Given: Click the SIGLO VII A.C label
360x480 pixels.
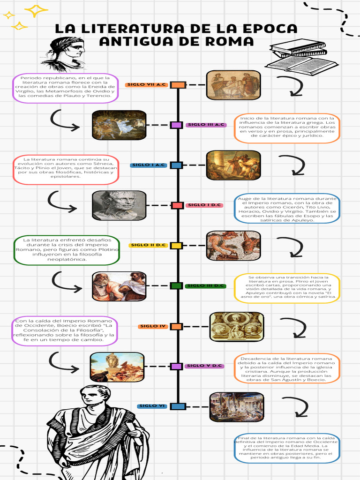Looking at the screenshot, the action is pos(147,85).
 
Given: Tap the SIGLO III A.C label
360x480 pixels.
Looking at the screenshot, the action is pos(206,125).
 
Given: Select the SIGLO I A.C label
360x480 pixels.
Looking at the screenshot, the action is pos(148,165).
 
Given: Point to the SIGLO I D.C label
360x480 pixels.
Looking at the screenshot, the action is pos(205,205).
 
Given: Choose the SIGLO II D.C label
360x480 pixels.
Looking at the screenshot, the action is pos(148,245).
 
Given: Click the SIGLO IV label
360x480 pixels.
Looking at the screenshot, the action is pos(153,326).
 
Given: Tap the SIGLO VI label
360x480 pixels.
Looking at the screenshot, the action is pos(152,406).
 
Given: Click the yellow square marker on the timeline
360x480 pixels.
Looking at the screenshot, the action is pos(176,245).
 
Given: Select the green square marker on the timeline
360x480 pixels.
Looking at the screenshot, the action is pos(176,285).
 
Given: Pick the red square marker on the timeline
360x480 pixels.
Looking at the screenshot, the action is pos(177,205).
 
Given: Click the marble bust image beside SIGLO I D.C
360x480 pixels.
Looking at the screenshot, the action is pos(119,205).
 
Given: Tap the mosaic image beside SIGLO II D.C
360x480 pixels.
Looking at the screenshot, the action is pos(233,245).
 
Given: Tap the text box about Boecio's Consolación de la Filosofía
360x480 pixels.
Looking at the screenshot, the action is pos(64,331).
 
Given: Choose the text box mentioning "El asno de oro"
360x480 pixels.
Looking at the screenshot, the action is pos(286,287).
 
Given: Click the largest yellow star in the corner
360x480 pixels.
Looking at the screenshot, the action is pos(37,10).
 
